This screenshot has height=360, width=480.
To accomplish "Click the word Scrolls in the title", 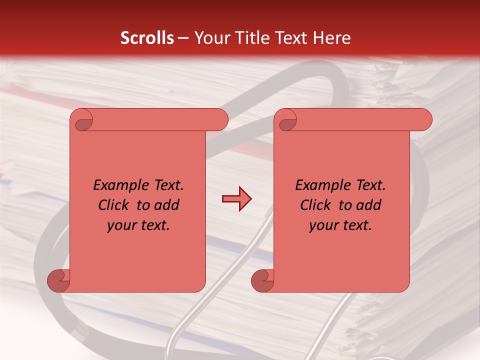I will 147,38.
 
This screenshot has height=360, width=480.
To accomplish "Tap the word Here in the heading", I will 332,38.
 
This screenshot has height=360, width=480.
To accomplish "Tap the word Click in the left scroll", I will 114,205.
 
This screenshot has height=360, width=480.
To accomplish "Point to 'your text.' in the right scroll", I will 340,225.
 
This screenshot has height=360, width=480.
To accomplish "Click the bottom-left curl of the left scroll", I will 58,280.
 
